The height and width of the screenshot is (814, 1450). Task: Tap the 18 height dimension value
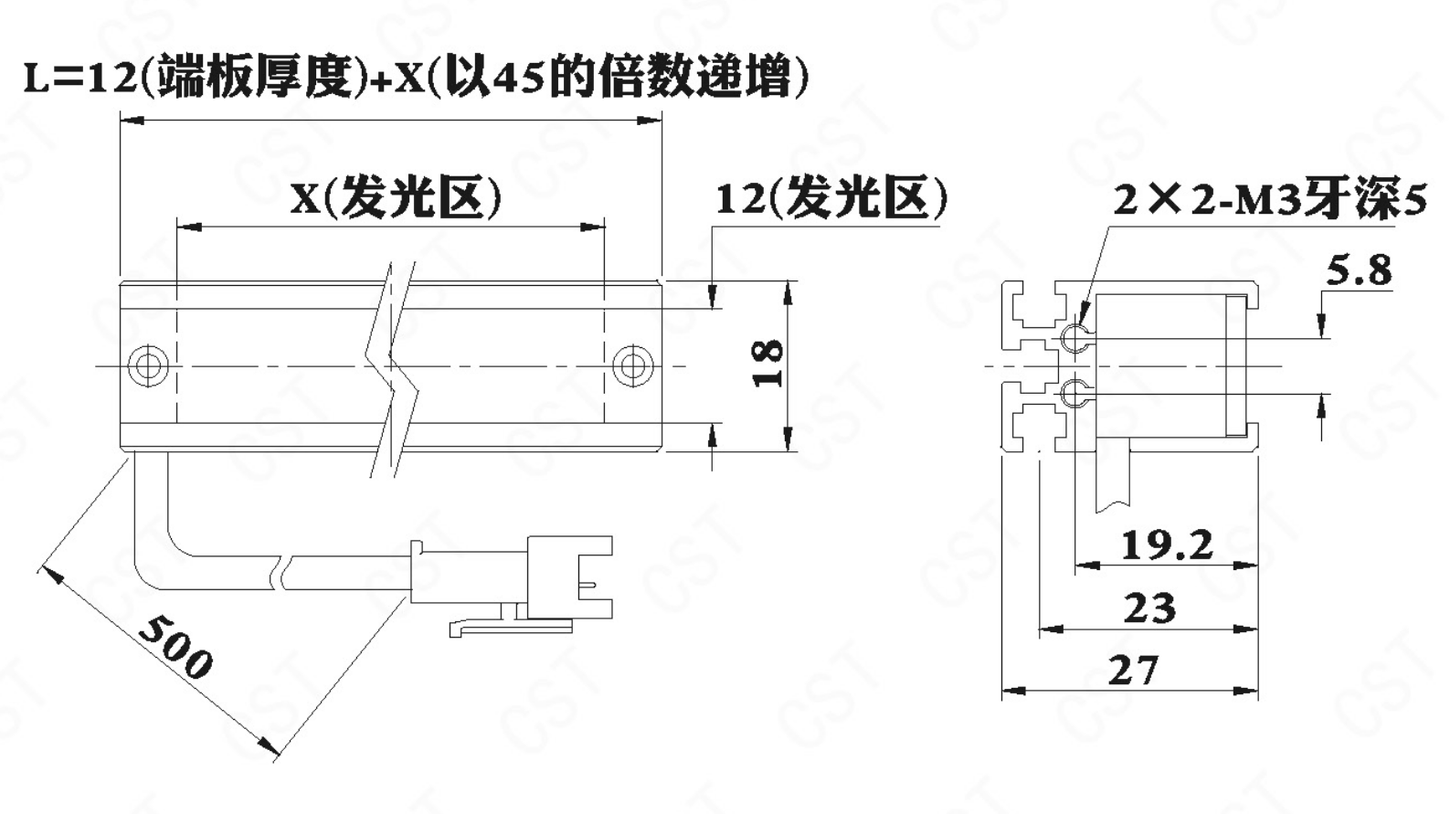coord(767,364)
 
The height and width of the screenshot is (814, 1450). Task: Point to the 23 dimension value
coord(1149,608)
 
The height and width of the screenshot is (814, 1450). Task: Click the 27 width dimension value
coord(1133,671)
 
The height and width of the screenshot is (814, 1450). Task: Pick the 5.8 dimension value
coord(1359,270)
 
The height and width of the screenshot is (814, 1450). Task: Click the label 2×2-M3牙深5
coord(1269,200)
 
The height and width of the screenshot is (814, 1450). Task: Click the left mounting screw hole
coord(147,365)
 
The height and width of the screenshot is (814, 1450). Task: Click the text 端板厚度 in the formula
coord(255,77)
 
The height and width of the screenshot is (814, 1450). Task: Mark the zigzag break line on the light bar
coord(395,365)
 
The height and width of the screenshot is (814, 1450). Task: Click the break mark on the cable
coord(282,571)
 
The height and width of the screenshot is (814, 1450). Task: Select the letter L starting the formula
coord(37,79)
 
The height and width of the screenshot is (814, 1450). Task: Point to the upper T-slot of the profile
coord(1032,308)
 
